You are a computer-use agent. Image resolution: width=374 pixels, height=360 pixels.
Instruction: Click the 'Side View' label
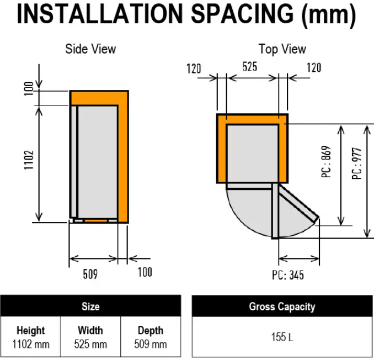tap(90, 49)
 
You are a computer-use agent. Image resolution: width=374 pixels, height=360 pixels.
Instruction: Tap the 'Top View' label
tap(282, 49)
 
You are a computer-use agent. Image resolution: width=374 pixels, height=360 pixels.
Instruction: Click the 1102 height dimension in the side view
tap(29, 160)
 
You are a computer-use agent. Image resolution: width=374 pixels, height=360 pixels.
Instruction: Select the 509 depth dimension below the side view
tap(90, 274)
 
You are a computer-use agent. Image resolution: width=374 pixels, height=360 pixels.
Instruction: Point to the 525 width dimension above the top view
tap(250, 67)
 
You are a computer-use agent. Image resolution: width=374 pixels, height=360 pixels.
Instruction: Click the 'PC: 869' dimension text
tap(327, 162)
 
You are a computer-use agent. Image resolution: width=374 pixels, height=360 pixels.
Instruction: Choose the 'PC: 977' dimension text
tap(357, 163)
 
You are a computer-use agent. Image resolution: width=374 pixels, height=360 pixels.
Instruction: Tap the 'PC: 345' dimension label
tap(288, 275)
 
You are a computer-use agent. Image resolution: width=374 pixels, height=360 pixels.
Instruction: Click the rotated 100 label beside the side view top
tap(29, 88)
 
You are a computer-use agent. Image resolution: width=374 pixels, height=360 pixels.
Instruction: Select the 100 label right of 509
tap(145, 272)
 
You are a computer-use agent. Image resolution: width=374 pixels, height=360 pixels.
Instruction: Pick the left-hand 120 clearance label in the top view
tap(194, 68)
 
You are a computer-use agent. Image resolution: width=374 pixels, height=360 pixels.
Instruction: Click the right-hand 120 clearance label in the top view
tap(314, 67)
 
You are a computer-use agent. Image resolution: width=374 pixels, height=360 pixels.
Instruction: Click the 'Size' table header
tap(90, 306)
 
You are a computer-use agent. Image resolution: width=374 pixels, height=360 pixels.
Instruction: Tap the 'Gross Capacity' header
tap(282, 307)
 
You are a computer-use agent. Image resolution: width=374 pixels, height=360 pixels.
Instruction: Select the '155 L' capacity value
tap(282, 337)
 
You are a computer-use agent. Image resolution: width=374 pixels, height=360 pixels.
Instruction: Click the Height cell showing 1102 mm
tap(30, 337)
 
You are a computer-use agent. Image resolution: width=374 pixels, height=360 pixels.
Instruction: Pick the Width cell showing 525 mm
tap(90, 337)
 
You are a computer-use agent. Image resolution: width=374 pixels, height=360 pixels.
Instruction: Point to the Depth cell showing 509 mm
tap(151, 337)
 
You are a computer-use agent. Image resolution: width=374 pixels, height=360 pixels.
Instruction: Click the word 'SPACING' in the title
tap(242, 14)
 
